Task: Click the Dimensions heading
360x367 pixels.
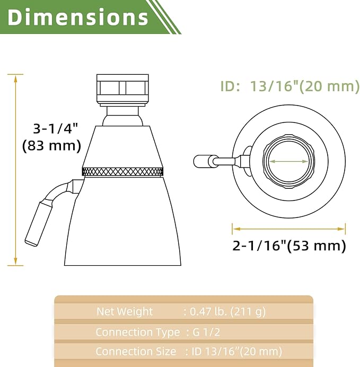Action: point(78,17)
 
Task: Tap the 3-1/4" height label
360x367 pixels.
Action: point(56,128)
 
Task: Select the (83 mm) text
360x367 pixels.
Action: point(52,146)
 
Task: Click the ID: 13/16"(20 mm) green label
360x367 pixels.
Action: point(290,86)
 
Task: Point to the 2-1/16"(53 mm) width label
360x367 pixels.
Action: point(289,246)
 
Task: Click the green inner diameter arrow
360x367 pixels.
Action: point(288,161)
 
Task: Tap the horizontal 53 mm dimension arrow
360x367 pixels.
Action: point(288,229)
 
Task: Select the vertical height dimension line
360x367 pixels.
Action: point(15,170)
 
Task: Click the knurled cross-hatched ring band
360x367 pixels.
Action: point(122,171)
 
